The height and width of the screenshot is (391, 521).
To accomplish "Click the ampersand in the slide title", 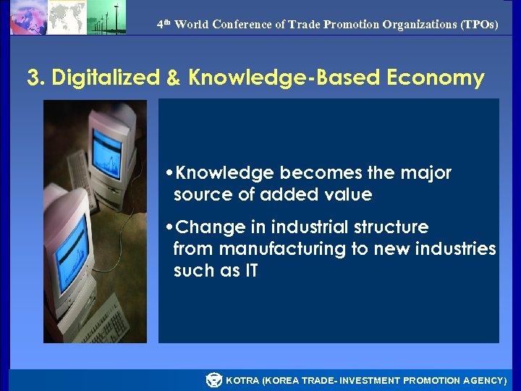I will click(x=174, y=78).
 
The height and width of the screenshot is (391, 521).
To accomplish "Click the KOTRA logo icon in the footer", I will click(x=213, y=380).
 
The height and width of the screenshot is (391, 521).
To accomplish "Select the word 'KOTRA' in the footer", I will click(x=242, y=381).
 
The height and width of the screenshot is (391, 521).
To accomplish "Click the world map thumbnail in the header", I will click(x=67, y=17).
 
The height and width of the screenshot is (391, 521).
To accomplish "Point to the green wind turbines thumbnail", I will click(x=106, y=17).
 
